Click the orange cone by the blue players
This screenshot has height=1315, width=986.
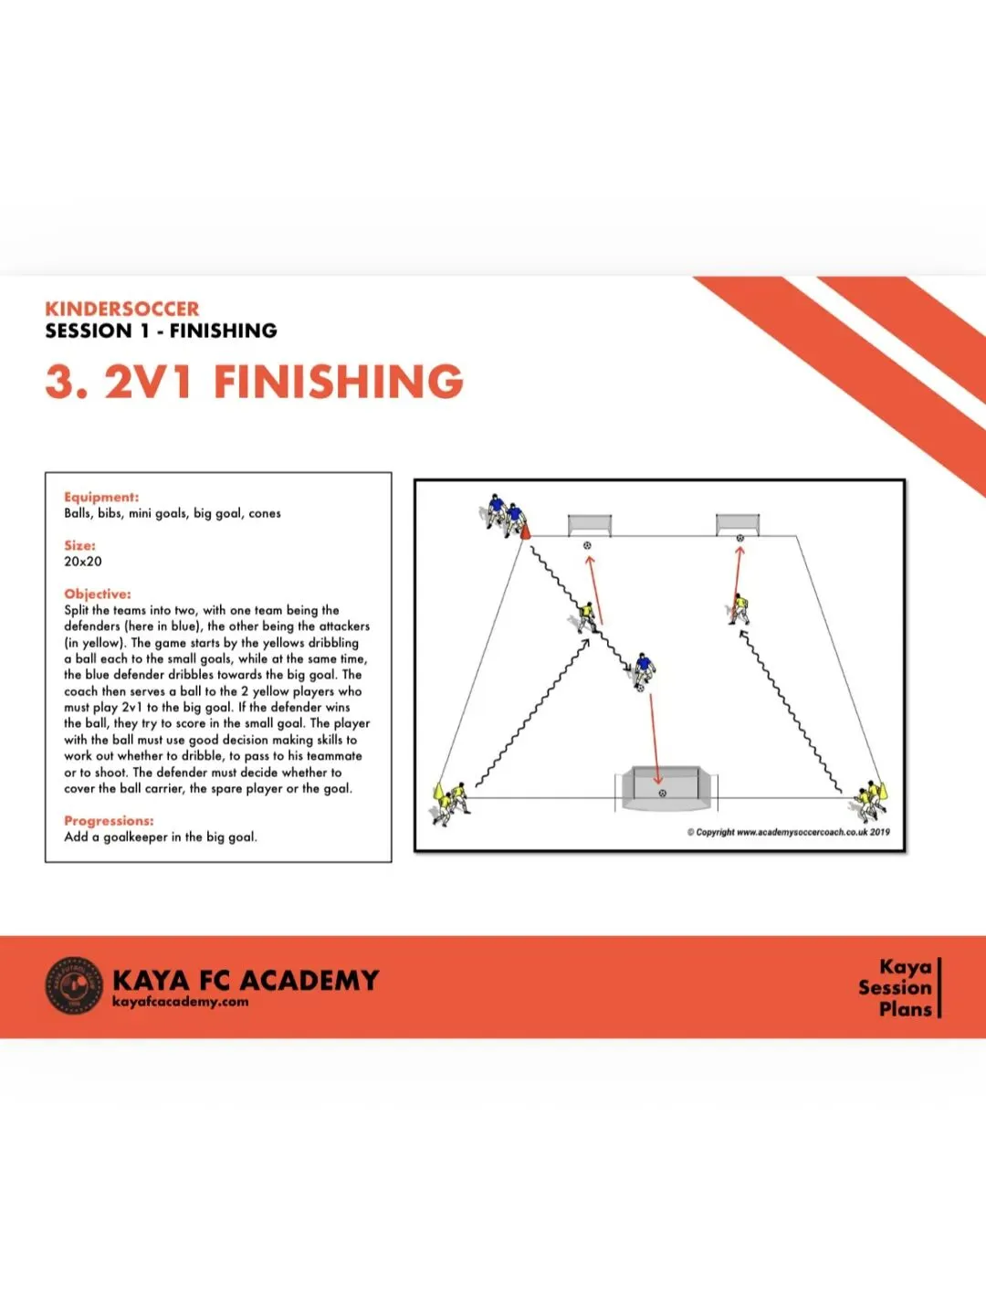pos(525,531)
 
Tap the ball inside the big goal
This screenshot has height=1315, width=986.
pos(662,794)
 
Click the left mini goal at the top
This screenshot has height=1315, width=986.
pos(590,525)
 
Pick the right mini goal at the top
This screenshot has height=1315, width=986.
pos(739,525)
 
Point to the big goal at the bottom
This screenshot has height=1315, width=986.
pos(666,788)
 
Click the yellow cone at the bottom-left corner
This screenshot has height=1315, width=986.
pos(439,791)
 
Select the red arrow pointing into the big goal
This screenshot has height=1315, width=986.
pos(655,740)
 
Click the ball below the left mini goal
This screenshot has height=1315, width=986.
pos(587,546)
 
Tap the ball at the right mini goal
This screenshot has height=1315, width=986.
pos(739,538)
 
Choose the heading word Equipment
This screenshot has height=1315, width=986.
pos(101,498)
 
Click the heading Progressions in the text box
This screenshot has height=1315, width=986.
pos(109,821)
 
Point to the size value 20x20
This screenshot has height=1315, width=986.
pos(82,562)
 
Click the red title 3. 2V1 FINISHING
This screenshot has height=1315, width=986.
pos(255,381)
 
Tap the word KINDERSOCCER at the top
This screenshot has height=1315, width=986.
pos(122,310)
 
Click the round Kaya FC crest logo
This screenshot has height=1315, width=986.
pos(74,985)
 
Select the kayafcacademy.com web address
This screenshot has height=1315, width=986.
pos(180,1002)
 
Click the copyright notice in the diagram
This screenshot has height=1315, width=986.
pos(789,832)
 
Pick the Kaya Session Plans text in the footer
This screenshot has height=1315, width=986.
pos(895,987)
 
